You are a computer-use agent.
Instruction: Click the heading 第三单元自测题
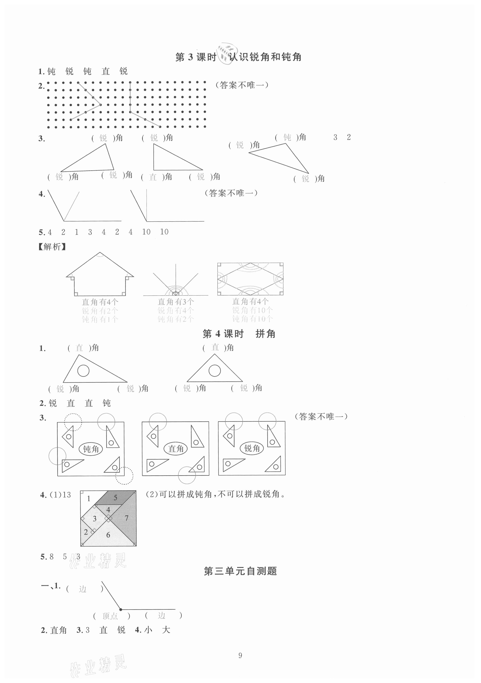(240, 571)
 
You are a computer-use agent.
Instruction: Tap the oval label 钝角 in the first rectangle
(90, 449)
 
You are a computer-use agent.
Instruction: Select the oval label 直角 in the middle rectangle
(176, 449)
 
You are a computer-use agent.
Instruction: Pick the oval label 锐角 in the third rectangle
(252, 448)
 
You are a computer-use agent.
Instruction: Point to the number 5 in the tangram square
(115, 498)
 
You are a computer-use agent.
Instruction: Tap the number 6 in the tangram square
(108, 535)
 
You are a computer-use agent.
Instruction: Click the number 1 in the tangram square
(88, 499)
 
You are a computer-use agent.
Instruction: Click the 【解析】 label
(52, 247)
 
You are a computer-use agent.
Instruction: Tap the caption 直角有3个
(176, 302)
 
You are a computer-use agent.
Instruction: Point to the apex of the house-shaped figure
(100, 253)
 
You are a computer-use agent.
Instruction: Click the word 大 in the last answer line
(166, 630)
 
